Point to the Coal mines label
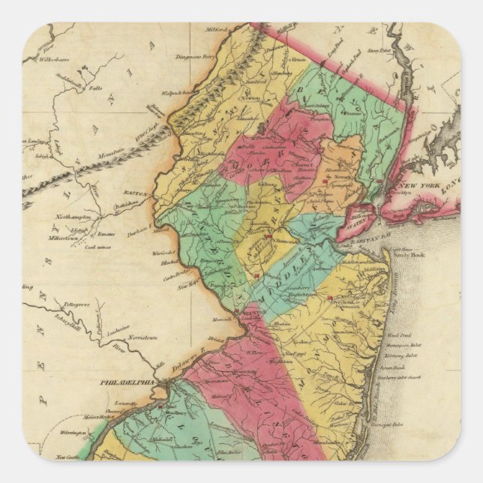coord(97,247)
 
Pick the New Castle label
coord(67,456)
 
